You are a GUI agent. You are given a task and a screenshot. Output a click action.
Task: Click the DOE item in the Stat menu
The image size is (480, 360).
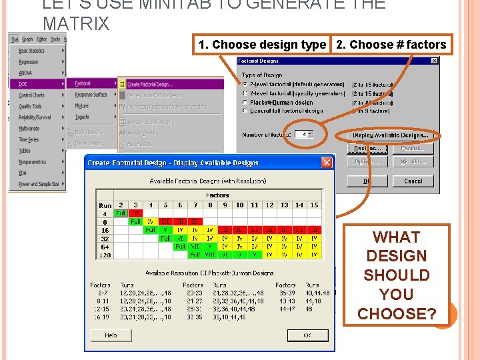click(24, 84)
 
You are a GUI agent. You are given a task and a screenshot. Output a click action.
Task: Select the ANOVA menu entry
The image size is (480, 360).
click(26, 73)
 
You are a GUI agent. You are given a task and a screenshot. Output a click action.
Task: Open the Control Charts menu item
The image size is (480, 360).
click(32, 95)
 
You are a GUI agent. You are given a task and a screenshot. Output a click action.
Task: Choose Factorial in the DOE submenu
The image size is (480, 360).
click(83, 84)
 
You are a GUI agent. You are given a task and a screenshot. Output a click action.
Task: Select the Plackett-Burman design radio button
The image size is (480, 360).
click(245, 103)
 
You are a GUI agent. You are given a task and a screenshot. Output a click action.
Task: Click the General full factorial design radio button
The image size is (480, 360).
click(245, 111)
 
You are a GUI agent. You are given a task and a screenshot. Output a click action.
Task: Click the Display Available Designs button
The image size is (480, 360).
click(390, 135)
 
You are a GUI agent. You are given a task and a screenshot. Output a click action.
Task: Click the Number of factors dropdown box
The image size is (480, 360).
click(305, 134)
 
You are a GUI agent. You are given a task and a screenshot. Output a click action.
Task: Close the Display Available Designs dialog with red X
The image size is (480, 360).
click(327, 162)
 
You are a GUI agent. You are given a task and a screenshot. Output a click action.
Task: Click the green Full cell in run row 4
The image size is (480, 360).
click(121, 213)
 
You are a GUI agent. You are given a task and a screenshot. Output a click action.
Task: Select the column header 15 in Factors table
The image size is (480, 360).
click(314, 205)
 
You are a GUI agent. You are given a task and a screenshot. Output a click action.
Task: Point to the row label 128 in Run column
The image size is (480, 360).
click(105, 255)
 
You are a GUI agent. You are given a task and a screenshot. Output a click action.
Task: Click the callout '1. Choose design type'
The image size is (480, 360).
click(262, 45)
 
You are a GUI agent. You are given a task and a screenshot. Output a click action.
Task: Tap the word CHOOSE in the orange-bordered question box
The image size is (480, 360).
click(397, 313)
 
